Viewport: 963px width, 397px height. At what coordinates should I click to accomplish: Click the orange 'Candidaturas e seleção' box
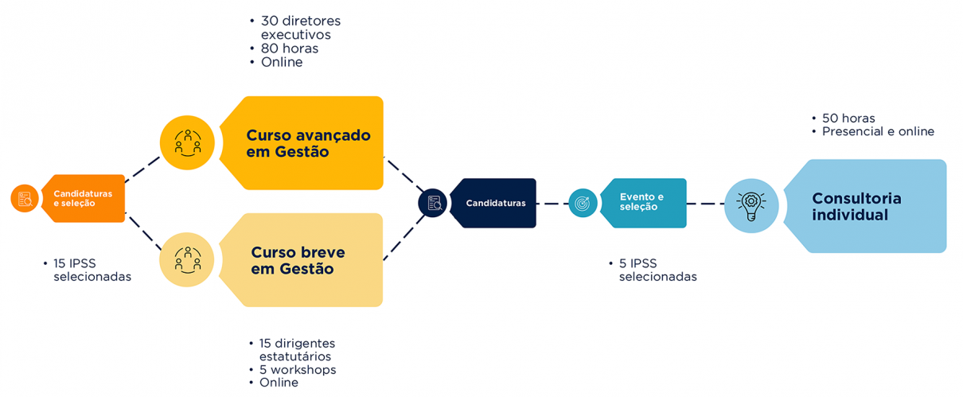[x=84, y=198]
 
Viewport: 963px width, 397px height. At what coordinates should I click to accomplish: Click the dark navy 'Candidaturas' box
[x=495, y=203]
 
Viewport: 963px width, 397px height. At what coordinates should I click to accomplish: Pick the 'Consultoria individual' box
[x=867, y=207]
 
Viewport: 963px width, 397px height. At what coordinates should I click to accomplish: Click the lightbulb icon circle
[x=751, y=205]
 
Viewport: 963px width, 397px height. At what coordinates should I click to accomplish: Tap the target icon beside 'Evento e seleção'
[x=583, y=203]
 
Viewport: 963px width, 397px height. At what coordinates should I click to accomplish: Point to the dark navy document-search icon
[x=434, y=203]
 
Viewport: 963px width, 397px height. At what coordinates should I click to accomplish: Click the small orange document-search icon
[x=25, y=199]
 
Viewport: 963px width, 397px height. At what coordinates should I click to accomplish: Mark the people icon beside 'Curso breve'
[x=187, y=259]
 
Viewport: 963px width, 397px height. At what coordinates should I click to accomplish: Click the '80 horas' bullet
[x=289, y=49]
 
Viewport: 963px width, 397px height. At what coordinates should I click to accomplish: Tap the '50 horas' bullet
[x=848, y=119]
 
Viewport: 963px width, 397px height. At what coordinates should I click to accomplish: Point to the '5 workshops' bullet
[x=297, y=370]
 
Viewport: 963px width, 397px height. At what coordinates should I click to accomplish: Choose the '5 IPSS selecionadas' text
[x=657, y=271]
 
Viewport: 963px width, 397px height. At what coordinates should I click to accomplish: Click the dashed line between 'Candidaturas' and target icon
[x=552, y=204]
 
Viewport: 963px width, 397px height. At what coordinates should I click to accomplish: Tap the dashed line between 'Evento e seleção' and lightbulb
[x=704, y=204]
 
